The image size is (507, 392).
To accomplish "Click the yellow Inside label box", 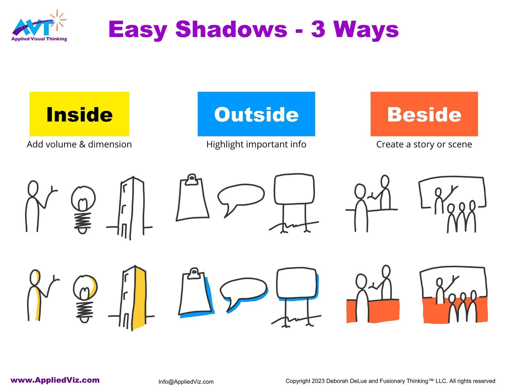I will (79, 114).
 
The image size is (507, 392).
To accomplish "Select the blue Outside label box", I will (256, 114).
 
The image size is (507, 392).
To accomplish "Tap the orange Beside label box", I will (424, 114).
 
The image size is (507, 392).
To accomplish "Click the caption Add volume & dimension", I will (79, 144).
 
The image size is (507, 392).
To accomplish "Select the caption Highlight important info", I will (256, 144).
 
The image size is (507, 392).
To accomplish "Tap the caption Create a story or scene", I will (424, 144).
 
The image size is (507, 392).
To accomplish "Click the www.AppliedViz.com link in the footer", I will (55, 380).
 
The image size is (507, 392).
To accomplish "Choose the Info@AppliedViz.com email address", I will (186, 382).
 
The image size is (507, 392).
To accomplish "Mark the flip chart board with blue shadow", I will (297, 283).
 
